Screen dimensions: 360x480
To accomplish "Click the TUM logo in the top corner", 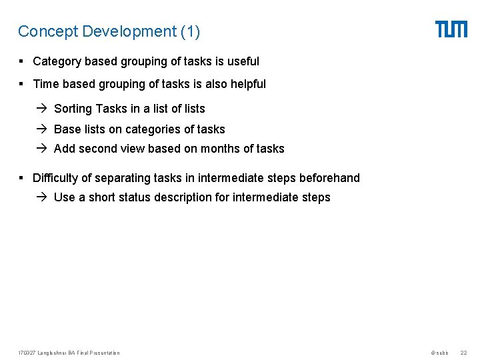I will pyautogui.click(x=451, y=29).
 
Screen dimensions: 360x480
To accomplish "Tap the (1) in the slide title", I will pyautogui.click(x=189, y=31).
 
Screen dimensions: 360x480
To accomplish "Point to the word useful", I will pyautogui.click(x=243, y=61).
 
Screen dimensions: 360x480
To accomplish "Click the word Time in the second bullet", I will pyautogui.click(x=45, y=84).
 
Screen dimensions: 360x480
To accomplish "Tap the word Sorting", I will pyautogui.click(x=73, y=109).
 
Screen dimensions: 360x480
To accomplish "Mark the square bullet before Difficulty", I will pyautogui.click(x=22, y=178).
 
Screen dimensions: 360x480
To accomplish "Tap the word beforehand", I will pyautogui.click(x=329, y=178).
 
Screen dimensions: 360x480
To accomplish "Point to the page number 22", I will pyautogui.click(x=463, y=353).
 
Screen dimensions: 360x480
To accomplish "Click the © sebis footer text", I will pyautogui.click(x=440, y=353).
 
